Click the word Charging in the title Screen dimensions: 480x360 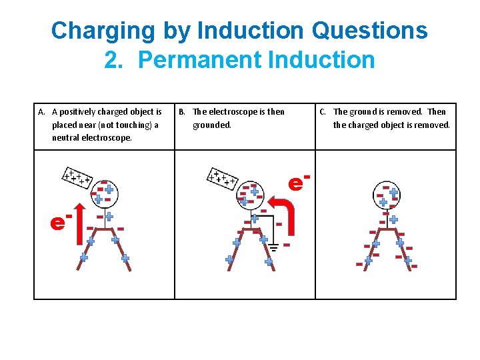tap(103, 31)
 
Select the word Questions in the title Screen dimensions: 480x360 tap(369, 30)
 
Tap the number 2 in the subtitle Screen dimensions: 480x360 tap(113, 59)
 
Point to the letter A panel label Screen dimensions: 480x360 tap(41, 112)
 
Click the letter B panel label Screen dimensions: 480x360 tap(182, 112)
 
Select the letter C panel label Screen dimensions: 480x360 tap(323, 112)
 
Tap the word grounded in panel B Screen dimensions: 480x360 tap(212, 125)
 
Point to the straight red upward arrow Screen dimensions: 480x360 tap(80, 224)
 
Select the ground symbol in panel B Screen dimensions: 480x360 tap(273, 247)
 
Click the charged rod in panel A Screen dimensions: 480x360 tap(77, 177)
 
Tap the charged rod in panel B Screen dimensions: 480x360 tap(222, 179)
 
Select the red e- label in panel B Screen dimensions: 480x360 tap(299, 182)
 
